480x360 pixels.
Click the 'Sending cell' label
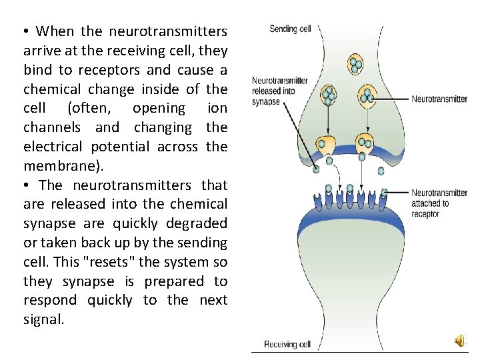pos(290,29)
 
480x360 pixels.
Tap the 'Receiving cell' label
pos(287,344)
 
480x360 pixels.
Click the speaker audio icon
pos(461,341)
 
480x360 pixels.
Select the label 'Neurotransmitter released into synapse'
pos(279,91)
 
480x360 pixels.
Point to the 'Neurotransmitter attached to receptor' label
pos(439,203)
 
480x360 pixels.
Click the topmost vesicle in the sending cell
pos(355,65)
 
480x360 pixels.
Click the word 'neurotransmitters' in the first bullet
pos(167,31)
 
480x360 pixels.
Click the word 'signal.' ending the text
pos(44,319)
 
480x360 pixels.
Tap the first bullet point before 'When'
pos(27,31)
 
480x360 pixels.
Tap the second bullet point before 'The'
pos(27,185)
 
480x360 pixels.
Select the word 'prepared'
pos(171,281)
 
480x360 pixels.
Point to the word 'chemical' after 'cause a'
pos(51,89)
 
